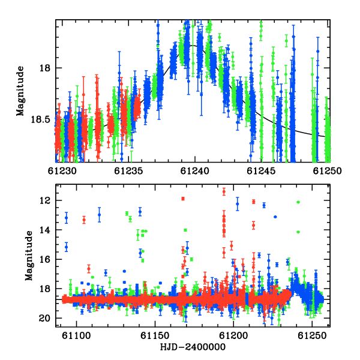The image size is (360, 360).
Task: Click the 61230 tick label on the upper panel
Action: (62, 171)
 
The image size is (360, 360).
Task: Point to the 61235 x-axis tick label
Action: (128, 171)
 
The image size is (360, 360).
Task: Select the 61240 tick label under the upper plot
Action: (194, 171)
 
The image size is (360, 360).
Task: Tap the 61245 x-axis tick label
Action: (261, 171)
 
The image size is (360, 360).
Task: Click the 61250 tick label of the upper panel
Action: (328, 171)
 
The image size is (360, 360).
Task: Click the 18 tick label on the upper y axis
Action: (45, 68)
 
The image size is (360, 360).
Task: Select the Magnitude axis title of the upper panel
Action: (20, 91)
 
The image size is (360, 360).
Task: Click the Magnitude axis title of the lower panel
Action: (29, 256)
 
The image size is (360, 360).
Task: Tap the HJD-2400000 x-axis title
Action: (193, 347)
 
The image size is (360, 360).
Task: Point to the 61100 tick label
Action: (76, 335)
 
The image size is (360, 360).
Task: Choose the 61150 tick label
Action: (155, 335)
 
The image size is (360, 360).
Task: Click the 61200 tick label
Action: (233, 335)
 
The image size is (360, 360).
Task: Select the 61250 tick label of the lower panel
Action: (312, 335)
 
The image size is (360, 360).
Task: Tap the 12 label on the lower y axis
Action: (45, 200)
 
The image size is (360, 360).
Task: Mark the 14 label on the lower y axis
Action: (45, 230)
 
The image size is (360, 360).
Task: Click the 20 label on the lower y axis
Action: (45, 318)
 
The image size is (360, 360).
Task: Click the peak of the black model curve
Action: (193, 45)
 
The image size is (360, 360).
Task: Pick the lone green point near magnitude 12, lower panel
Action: (298, 202)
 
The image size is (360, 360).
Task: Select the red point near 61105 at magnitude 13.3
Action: (84, 220)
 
